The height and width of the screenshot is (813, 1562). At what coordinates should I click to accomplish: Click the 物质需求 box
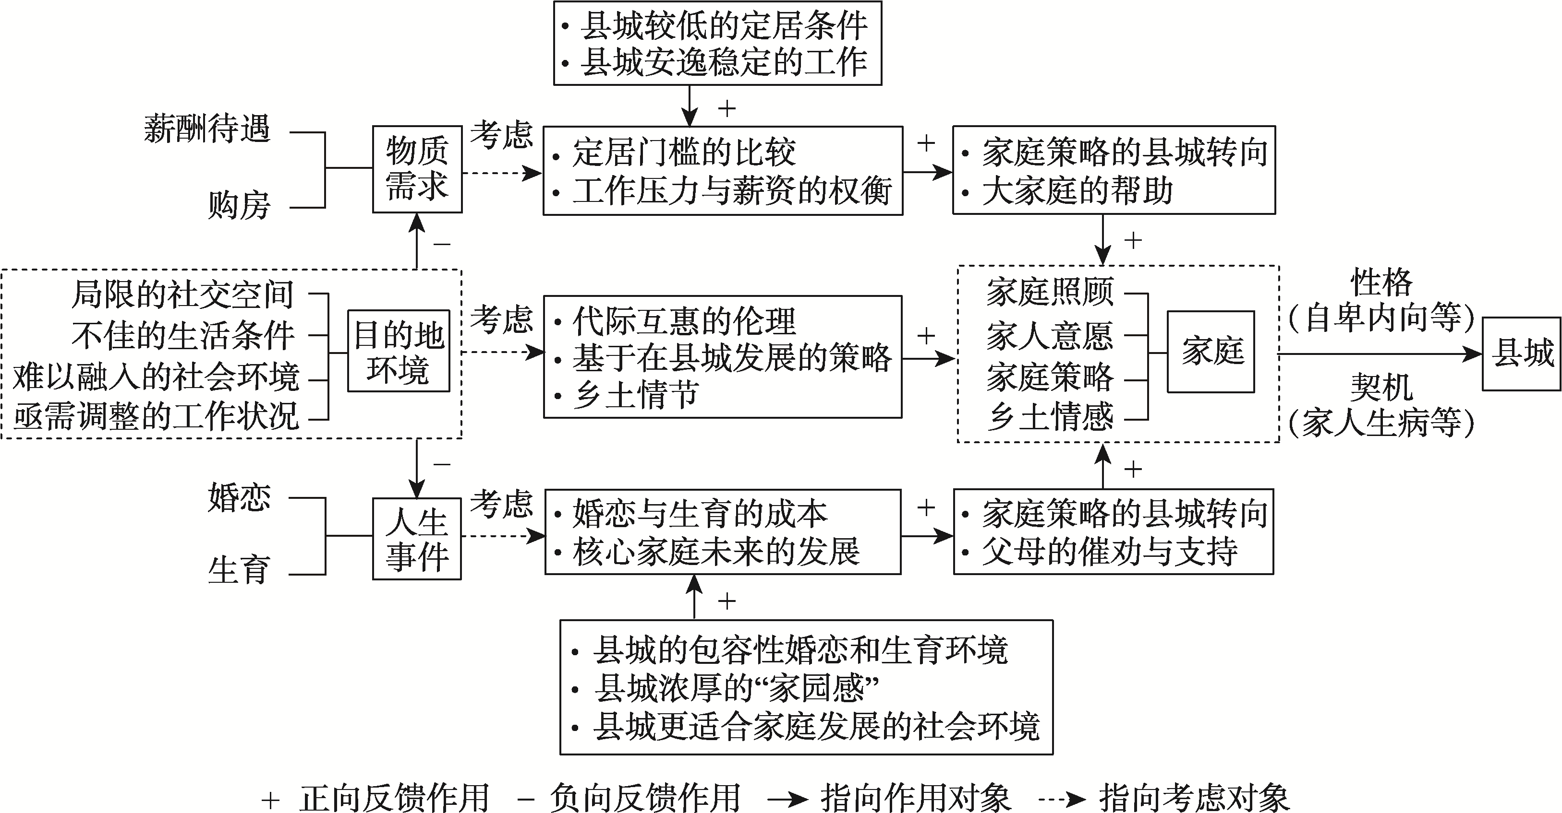(417, 169)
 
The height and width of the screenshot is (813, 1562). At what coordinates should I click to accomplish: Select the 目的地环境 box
(399, 352)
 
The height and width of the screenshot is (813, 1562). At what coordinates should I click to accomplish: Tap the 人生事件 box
(417, 539)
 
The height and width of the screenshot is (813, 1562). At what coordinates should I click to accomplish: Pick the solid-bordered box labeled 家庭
(1211, 352)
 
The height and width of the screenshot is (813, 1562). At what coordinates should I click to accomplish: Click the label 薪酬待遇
(207, 130)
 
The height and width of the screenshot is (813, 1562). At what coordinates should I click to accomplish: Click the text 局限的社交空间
(182, 295)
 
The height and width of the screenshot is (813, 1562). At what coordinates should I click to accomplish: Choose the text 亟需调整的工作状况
(157, 417)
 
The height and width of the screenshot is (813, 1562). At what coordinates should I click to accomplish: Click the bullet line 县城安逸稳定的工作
(724, 63)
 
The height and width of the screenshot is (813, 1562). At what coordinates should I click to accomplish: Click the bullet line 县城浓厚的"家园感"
(736, 688)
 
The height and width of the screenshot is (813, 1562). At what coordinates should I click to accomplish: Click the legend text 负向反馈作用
(644, 797)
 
